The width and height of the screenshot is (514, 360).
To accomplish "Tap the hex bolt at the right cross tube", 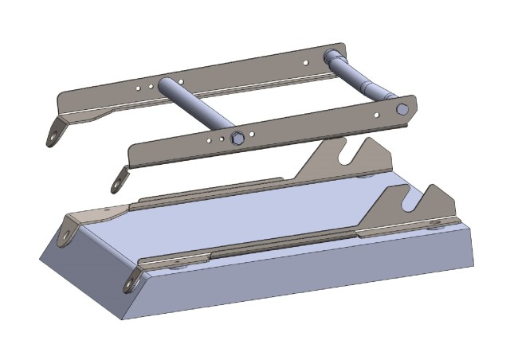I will (x=402, y=108).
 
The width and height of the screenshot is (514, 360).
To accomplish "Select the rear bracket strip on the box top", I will (x=207, y=191).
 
